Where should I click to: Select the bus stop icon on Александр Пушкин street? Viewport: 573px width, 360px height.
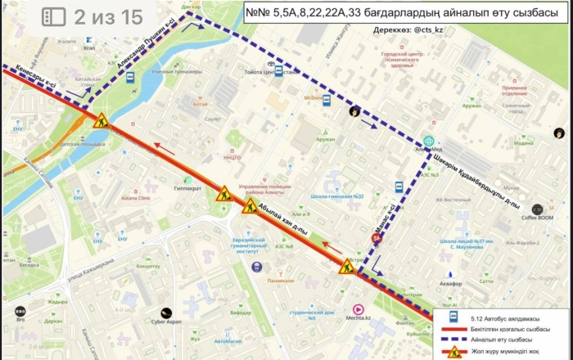129,77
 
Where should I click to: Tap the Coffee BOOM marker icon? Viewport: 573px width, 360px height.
538,209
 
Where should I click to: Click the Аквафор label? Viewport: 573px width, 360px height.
451,283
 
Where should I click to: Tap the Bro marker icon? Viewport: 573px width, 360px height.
20,311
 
